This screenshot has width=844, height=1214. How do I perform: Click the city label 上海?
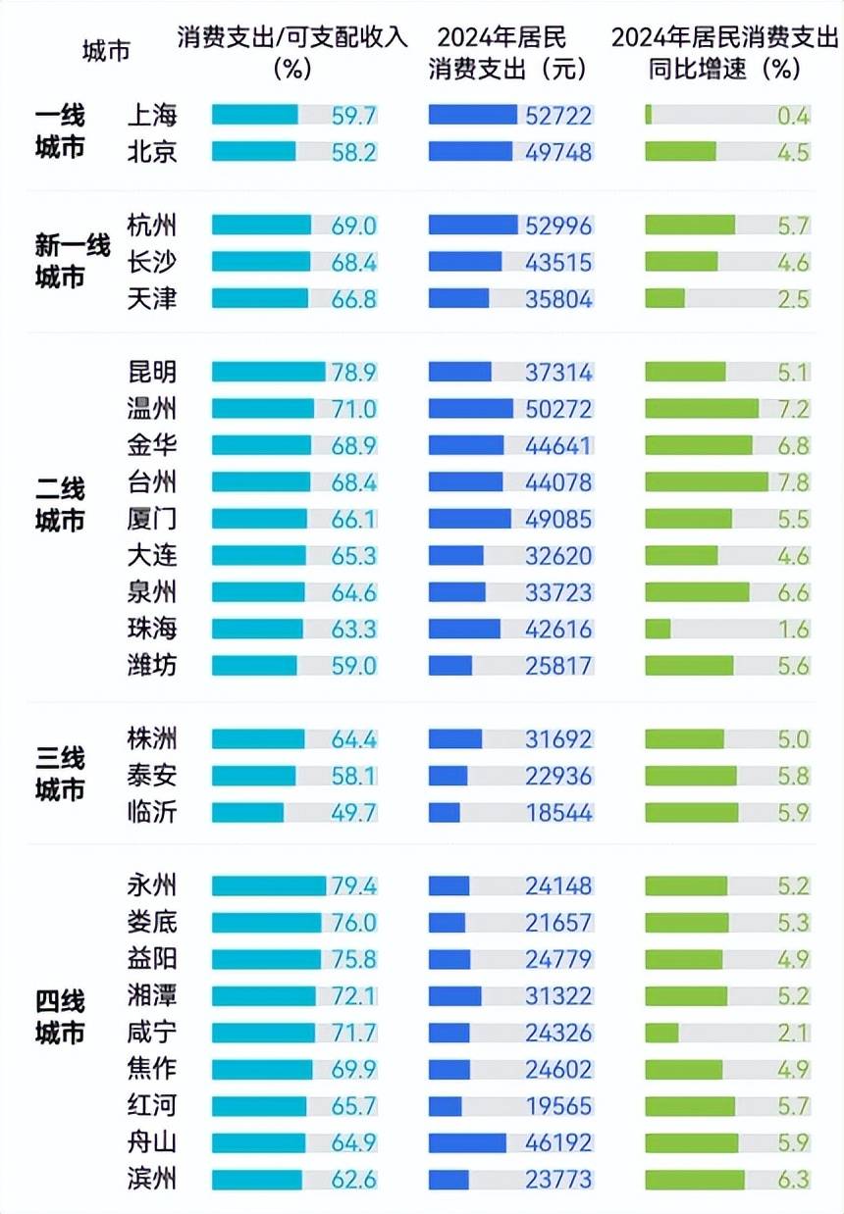(152, 115)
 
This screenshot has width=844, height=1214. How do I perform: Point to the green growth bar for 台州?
(707, 481)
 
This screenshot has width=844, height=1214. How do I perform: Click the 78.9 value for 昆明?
(353, 372)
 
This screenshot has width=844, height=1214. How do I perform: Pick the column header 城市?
(106, 51)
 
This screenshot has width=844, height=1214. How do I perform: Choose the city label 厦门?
(152, 518)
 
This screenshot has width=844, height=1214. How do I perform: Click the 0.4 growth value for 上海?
(793, 116)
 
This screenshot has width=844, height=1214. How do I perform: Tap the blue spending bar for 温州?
(471, 408)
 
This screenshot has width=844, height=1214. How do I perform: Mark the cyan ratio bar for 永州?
(269, 885)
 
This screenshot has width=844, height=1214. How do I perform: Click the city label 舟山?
(152, 1142)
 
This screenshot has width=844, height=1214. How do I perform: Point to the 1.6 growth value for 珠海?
(793, 629)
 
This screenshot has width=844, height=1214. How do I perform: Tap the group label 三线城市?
(60, 774)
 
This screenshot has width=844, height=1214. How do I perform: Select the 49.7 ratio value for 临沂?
(353, 813)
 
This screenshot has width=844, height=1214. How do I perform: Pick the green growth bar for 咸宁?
(661, 1033)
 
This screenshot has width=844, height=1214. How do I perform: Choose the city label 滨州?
(152, 1179)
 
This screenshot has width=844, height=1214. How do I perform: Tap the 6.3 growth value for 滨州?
(793, 1179)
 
